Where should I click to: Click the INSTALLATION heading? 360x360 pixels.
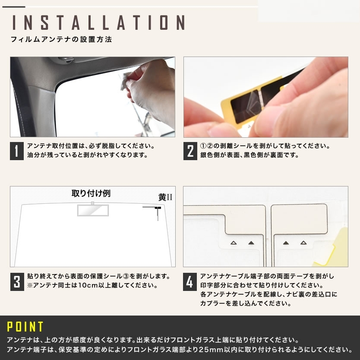98,22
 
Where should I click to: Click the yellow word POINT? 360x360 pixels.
25,326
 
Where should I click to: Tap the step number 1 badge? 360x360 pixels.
17,151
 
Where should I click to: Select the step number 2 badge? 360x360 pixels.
190,151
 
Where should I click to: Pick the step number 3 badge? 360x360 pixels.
17,282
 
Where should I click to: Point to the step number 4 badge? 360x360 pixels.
190,282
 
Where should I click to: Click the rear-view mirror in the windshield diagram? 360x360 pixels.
93,210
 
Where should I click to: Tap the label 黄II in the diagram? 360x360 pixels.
165,197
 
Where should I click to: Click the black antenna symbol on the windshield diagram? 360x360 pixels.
158,208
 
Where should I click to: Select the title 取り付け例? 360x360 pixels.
91,193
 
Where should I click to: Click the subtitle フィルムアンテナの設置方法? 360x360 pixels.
61,39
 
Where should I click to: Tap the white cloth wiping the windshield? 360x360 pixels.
126,81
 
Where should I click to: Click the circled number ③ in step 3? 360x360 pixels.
126,276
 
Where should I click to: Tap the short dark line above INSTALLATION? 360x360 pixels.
13,7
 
